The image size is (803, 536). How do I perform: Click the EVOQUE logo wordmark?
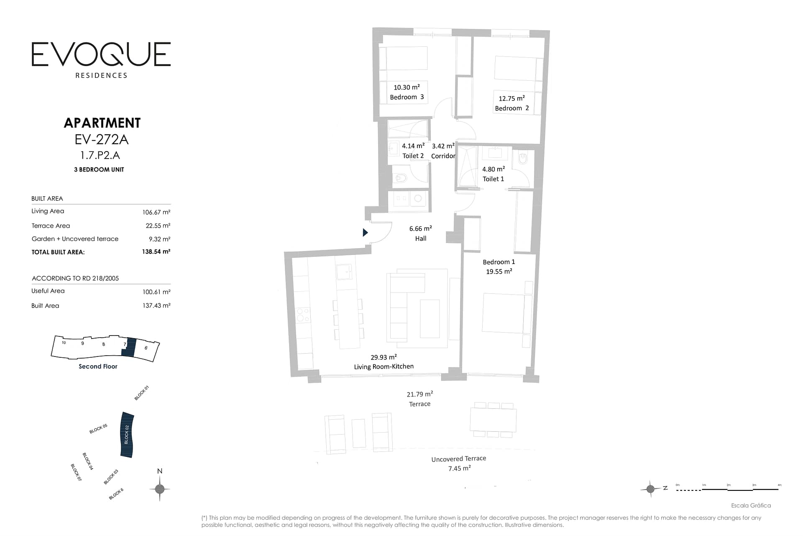tap(101, 54)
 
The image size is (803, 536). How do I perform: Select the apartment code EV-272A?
tap(102, 139)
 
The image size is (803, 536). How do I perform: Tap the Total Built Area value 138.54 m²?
tap(156, 251)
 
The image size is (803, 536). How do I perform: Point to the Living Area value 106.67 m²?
tap(156, 212)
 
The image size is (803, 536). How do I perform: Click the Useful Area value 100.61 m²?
tap(156, 292)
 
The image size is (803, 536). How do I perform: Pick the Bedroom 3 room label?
tap(407, 97)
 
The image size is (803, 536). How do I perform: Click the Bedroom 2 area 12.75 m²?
tap(511, 98)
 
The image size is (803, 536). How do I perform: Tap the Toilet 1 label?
tap(493, 179)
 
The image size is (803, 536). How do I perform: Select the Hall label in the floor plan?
tap(421, 239)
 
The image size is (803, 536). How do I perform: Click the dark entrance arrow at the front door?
tap(365, 232)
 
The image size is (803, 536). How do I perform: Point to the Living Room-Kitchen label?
tap(384, 367)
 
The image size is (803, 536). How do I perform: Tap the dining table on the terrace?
tap(493, 420)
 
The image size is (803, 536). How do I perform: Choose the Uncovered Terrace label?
tap(458, 459)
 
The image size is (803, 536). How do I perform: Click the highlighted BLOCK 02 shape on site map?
tap(127, 435)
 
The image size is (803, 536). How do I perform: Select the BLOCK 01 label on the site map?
tap(142, 393)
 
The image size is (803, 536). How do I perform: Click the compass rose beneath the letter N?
tap(160, 489)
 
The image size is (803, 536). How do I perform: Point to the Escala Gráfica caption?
tap(751, 505)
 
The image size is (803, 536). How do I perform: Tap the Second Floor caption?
tap(98, 367)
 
